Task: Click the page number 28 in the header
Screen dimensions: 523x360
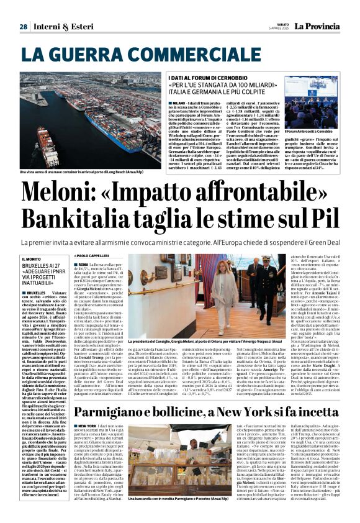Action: [23, 27]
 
